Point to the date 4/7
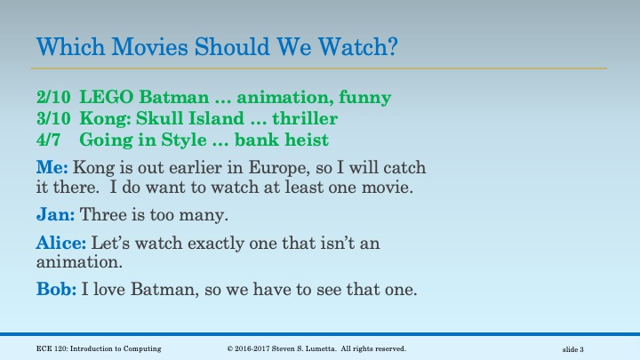[x=48, y=139]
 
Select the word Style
[x=175, y=139]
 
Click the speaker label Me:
[x=52, y=166]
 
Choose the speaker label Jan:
[x=56, y=214]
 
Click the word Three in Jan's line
[x=105, y=214]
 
